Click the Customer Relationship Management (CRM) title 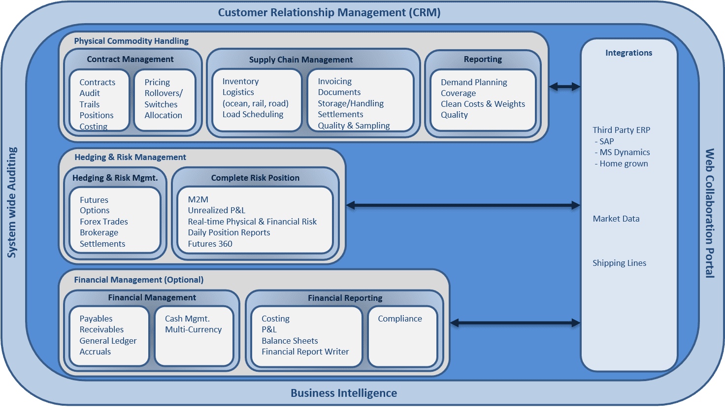point(329,13)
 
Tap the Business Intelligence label point(343,393)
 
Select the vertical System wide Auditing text point(12,202)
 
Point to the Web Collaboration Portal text point(710,213)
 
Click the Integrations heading point(628,53)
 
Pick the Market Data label point(616,219)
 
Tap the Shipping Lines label point(619,263)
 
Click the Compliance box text point(400,319)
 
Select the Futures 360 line point(210,244)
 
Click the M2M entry point(198,199)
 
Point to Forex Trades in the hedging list point(104,222)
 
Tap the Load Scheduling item point(253,114)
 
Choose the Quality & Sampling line point(354,126)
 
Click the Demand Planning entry point(474,82)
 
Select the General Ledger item point(108,341)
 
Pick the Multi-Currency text point(193,329)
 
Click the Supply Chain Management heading point(301,60)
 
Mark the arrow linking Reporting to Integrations point(564,87)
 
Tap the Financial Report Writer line point(305,352)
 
